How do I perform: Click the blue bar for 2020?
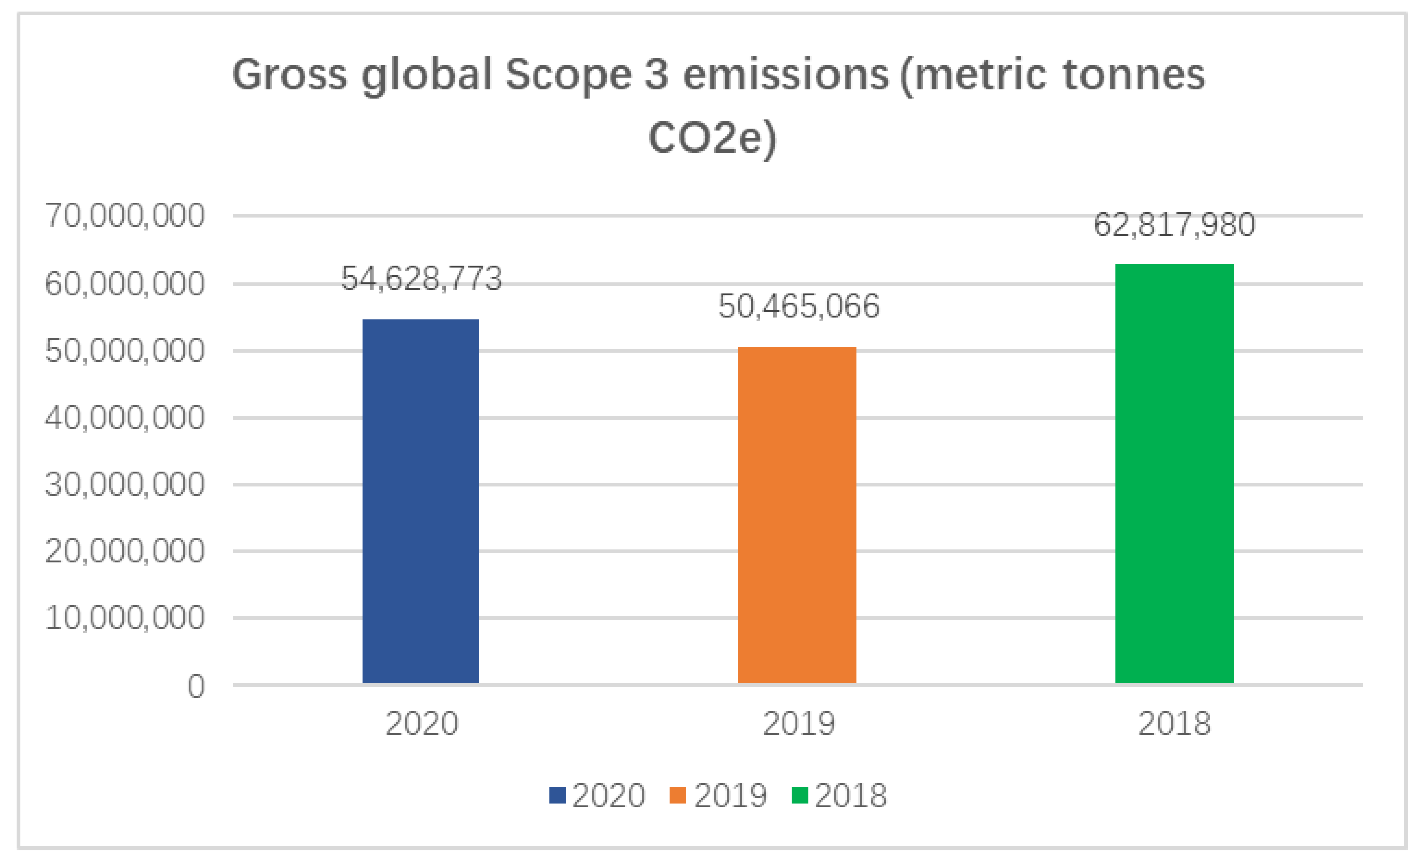[420, 501]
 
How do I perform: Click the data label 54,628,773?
[421, 278]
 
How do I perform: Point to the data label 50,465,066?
[798, 306]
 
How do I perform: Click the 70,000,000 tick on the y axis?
[125, 216]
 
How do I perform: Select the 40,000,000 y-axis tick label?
[125, 418]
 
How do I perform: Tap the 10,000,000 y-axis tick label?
[125, 617]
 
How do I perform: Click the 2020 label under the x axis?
[421, 723]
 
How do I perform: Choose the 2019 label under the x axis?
[798, 723]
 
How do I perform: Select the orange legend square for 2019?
[677, 795]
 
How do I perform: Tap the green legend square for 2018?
[799, 795]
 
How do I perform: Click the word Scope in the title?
[568, 75]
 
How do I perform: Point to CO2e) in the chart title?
[712, 138]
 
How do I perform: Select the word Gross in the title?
[289, 75]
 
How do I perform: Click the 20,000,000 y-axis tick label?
[125, 551]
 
